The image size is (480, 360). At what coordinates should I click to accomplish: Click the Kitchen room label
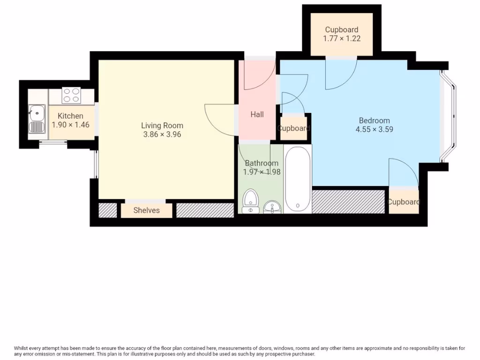point(70,116)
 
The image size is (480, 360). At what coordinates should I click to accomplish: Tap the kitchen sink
point(36,113)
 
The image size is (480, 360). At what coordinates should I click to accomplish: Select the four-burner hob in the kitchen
point(71,96)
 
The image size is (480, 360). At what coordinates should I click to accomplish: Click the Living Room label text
point(162,126)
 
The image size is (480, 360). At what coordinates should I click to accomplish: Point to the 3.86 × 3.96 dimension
point(162,135)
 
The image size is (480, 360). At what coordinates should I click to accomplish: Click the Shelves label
point(146,210)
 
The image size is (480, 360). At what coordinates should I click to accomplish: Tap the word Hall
point(257,114)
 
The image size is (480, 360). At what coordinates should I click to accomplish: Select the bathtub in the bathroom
point(298,179)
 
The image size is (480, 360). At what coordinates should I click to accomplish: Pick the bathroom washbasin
point(272,206)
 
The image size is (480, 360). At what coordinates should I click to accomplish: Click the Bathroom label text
point(262,163)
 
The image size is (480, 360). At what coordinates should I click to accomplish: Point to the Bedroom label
point(374,120)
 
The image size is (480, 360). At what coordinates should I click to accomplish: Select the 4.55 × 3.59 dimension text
point(374,129)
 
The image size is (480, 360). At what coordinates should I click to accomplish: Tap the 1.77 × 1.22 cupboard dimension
point(342,38)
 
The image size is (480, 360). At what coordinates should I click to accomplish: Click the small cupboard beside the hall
point(294,128)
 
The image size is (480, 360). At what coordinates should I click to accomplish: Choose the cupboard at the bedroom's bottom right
point(404,202)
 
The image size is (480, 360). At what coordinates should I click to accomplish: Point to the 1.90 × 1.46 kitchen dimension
point(70,125)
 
